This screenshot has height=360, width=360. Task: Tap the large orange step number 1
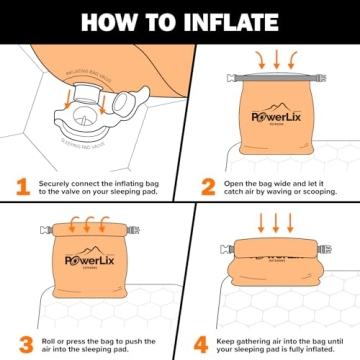[x=21, y=186]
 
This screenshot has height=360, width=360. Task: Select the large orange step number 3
[x=21, y=344]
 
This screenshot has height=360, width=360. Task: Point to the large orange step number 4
[x=199, y=344]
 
